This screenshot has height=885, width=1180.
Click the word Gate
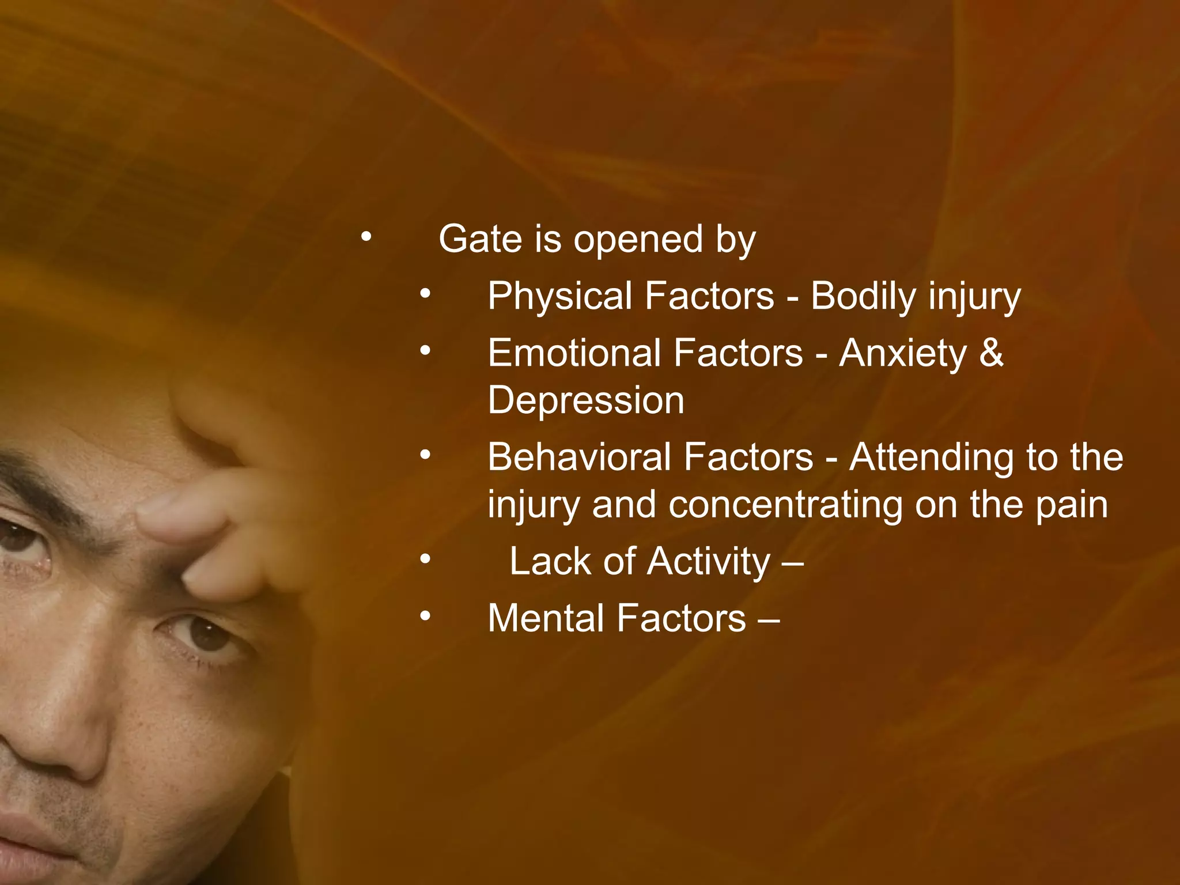(481, 239)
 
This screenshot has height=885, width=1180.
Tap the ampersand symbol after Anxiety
(990, 353)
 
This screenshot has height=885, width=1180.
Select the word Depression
(586, 400)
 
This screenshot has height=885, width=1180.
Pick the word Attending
(931, 457)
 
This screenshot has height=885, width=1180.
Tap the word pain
(1072, 506)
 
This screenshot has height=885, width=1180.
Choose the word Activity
(708, 562)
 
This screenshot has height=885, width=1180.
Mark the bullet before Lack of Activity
(425, 558)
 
